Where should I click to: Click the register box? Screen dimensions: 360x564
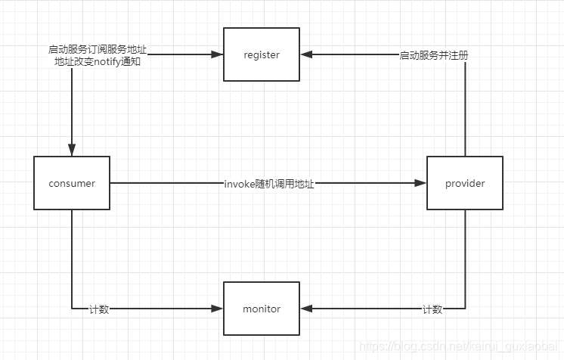262,54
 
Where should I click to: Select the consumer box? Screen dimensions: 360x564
72,183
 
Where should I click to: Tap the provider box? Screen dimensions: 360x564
465,183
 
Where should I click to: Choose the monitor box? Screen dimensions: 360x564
262,309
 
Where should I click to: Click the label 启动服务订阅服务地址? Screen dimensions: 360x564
98,50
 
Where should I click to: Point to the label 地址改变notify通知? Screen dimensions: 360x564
98,61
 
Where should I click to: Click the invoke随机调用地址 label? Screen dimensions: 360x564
268,184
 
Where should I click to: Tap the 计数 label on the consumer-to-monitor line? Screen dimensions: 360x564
99,309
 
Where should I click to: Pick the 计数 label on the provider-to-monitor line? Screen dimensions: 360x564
432,309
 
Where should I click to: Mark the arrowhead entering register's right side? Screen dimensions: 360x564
305,54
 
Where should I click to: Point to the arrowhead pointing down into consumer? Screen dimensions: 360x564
72,151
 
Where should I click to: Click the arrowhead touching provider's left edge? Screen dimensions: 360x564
422,183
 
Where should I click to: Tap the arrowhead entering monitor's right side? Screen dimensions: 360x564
305,309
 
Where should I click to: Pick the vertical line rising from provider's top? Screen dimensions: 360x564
465,106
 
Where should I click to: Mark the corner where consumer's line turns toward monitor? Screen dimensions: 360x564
72,309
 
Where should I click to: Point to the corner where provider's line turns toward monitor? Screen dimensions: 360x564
465,309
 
